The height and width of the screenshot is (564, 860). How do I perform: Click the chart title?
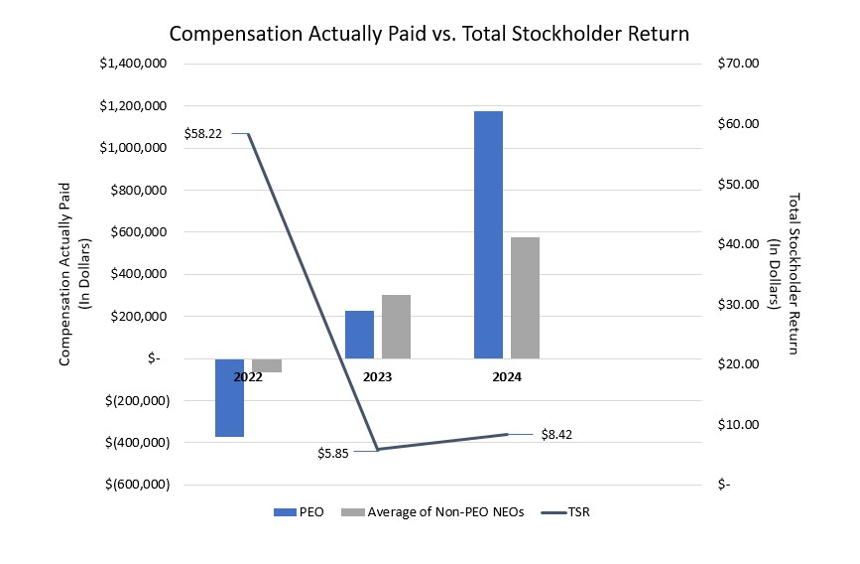point(429,34)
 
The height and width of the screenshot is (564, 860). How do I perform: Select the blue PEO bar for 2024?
point(488,234)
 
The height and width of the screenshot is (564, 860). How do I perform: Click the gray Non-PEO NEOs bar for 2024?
point(525,298)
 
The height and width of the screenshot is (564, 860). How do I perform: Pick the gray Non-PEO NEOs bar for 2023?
point(396,327)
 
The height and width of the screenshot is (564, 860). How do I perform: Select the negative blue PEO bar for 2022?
point(230,397)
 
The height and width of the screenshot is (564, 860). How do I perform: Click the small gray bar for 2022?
point(267,365)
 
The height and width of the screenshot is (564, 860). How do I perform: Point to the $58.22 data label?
point(203,133)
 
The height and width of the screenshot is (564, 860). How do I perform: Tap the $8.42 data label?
point(557,434)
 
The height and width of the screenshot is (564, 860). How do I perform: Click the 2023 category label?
point(377,377)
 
